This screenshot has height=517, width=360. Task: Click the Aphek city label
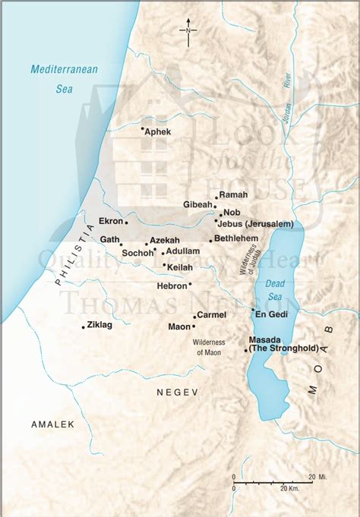pos(158,132)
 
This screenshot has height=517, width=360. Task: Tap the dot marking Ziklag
pos(84,327)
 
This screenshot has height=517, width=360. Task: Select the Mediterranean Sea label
pos(65,78)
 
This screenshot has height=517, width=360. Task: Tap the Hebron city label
pos(171,285)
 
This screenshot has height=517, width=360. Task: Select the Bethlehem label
pos(236,238)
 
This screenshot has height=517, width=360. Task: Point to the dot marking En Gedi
pos(253,310)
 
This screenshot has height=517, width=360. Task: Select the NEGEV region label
pos(177,392)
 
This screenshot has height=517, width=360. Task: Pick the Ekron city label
pos(111,221)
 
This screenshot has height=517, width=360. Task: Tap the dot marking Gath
pos(120,244)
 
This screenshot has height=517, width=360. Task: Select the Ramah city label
pos(233,195)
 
